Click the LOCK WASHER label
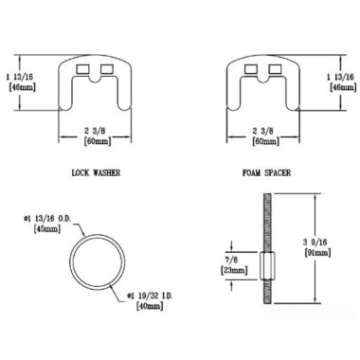click(98, 173)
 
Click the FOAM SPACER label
click(266, 173)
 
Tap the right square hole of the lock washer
click(104, 70)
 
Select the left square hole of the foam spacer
click(251, 70)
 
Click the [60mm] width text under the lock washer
click(94, 140)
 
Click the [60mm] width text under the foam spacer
click(262, 140)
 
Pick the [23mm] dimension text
click(233, 269)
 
